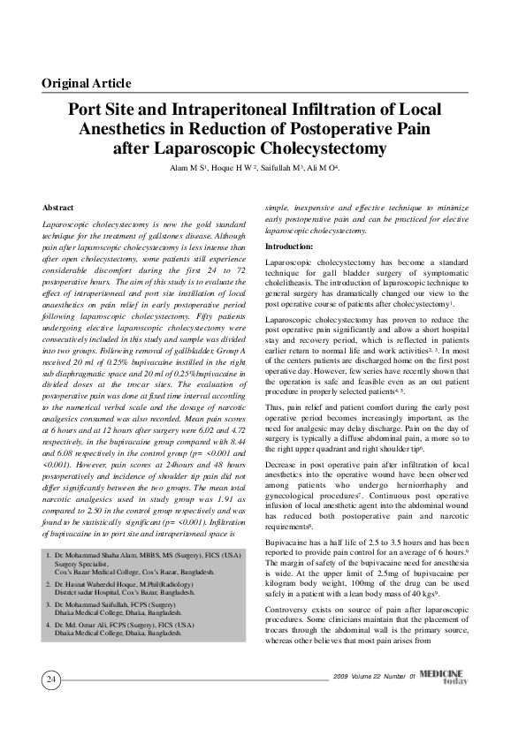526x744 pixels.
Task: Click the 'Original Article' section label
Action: (x=87, y=84)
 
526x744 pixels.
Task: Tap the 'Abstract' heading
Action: (x=58, y=207)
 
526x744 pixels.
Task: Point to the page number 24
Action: (x=51, y=679)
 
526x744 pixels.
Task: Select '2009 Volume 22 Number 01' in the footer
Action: (x=376, y=676)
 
